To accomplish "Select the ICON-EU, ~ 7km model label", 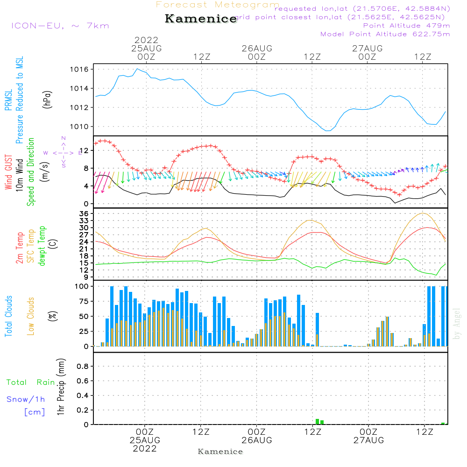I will (x=60, y=26).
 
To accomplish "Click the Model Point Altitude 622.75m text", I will (x=385, y=34).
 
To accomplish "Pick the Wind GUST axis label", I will (x=8, y=167).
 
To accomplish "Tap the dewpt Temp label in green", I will (x=42, y=246).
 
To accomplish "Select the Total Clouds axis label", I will (x=8, y=316).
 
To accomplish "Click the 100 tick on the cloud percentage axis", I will (x=82, y=286).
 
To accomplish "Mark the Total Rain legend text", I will (x=30, y=382).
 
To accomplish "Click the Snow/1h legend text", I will (x=26, y=399).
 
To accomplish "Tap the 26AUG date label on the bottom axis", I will (x=256, y=440).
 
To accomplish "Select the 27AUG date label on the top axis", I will (x=367, y=49).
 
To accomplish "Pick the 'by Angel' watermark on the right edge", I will (x=457, y=324).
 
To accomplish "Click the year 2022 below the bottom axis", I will (x=145, y=449).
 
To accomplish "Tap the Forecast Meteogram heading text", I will (x=218, y=5).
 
